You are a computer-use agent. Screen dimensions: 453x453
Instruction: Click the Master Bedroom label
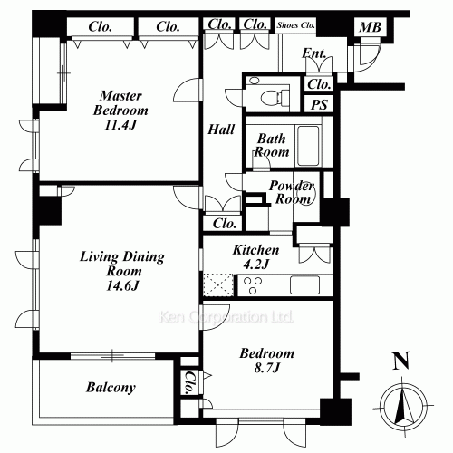point(120,111)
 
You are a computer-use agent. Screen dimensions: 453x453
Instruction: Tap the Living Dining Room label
point(122,271)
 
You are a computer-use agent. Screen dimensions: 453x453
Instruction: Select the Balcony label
point(111,388)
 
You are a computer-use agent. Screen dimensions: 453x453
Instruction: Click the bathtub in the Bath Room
point(308,146)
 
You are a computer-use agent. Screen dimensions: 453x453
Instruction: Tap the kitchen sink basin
point(304,284)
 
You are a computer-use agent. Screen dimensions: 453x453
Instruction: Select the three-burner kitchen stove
point(253,285)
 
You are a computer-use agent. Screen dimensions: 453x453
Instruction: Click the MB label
point(370,27)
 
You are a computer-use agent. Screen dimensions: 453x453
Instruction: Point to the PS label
point(319,104)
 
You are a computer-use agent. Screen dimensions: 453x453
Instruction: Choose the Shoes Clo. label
point(296,25)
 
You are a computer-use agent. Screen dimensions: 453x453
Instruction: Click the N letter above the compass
point(401,361)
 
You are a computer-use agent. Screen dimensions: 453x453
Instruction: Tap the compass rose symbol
point(403,407)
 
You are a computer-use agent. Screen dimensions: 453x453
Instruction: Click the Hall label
point(221,130)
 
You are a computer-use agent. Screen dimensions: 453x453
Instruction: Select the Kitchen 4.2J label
point(255,256)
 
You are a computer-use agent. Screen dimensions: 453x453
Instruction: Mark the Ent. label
point(313,53)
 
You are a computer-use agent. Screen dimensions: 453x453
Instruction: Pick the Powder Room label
point(292,192)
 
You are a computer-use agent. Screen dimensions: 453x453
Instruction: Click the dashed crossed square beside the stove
point(218,285)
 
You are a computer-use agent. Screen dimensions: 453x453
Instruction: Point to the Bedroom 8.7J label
point(267,361)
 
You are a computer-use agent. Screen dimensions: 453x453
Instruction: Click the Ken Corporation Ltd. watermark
point(226,317)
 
